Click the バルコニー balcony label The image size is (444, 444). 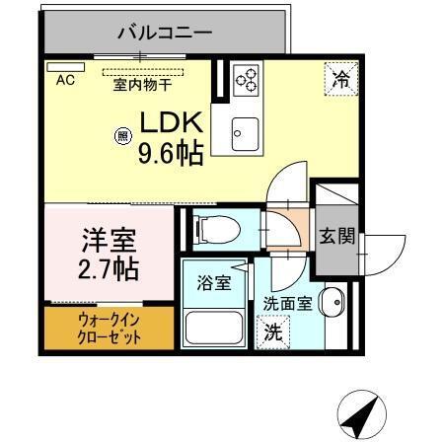[164, 33]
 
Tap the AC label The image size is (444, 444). [66, 79]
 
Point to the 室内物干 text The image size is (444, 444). [143, 85]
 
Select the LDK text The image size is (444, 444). [170, 124]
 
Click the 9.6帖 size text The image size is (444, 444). [170, 154]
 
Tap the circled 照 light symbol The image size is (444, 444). [123, 137]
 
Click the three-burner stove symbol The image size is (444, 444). [246, 80]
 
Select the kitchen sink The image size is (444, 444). [244, 129]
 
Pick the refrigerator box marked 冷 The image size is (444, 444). [339, 79]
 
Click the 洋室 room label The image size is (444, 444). [108, 240]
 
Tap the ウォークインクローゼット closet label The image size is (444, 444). [110, 329]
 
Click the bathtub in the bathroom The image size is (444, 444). [215, 325]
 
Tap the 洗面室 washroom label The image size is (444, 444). [288, 306]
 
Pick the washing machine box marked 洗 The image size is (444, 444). [272, 333]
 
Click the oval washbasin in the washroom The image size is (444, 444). [332, 301]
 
